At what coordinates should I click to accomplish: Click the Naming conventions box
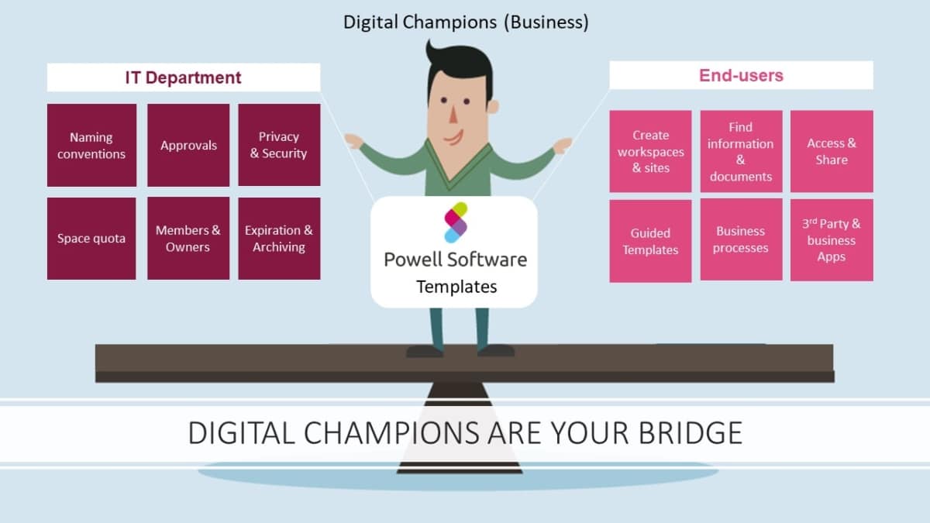click(91, 146)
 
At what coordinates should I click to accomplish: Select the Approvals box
click(188, 146)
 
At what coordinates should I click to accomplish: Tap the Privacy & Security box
click(279, 146)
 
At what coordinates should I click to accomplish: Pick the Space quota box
click(91, 239)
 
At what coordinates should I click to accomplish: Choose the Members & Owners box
click(188, 239)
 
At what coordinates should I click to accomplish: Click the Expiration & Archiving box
click(279, 239)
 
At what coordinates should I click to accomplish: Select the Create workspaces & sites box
click(650, 151)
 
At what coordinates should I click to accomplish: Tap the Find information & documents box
click(741, 151)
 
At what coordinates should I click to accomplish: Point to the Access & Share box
click(832, 151)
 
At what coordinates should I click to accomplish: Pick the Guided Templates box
click(650, 241)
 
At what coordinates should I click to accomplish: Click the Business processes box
click(741, 239)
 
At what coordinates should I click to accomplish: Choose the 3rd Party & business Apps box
click(832, 240)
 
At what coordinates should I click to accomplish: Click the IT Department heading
click(184, 77)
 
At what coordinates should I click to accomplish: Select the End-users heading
click(741, 75)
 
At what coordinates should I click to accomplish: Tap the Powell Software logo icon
click(456, 222)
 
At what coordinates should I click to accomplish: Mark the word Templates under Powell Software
click(456, 287)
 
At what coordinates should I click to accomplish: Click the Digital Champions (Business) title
click(466, 22)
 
